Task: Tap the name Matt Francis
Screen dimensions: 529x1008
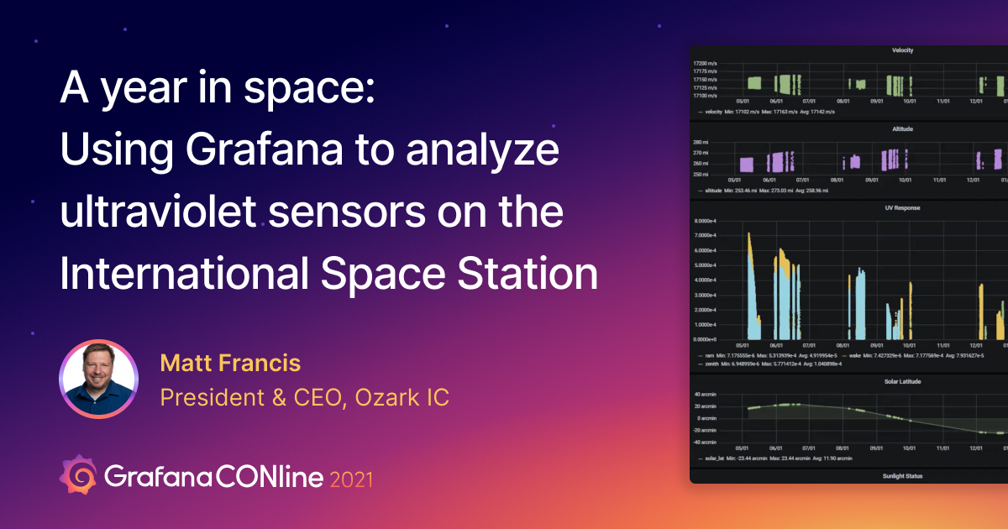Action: click(230, 364)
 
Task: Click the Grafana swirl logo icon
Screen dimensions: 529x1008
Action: click(77, 475)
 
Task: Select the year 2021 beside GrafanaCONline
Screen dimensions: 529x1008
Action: click(352, 479)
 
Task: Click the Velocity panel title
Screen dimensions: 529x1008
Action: click(902, 50)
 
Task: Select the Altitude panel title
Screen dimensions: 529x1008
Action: click(902, 129)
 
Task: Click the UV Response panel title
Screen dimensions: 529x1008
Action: click(902, 207)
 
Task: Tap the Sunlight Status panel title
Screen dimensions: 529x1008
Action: click(902, 476)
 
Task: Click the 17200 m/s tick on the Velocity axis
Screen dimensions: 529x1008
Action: click(705, 63)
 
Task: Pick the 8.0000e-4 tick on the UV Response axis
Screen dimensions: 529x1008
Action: click(705, 221)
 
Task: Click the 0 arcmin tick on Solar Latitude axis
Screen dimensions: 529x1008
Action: click(705, 417)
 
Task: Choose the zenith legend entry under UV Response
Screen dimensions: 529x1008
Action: click(713, 364)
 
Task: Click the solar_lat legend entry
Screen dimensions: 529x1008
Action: click(713, 458)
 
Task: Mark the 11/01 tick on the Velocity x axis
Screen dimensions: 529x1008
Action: click(943, 101)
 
